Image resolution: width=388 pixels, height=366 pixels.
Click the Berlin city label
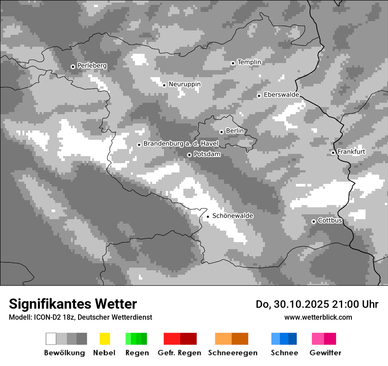(x=235, y=131)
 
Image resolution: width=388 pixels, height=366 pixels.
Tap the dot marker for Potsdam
(x=189, y=155)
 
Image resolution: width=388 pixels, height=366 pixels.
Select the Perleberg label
(x=92, y=66)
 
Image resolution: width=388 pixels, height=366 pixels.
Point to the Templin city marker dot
(x=233, y=63)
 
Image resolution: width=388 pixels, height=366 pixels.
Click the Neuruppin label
(x=184, y=84)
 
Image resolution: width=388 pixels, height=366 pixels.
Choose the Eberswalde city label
(x=281, y=95)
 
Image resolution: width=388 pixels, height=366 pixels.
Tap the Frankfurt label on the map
(x=351, y=152)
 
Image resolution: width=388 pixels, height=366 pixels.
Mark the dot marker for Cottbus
(x=313, y=221)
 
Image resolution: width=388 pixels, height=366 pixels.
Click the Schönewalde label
(x=232, y=216)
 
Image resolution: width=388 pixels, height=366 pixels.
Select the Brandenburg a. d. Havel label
(x=181, y=144)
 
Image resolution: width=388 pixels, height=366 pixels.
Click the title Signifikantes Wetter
(x=73, y=304)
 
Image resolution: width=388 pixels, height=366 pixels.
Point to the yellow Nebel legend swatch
(x=104, y=339)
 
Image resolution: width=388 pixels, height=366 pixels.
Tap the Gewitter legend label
(x=325, y=353)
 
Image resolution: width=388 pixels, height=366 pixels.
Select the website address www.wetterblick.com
(x=318, y=317)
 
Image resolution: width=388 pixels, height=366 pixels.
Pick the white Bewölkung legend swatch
(x=51, y=339)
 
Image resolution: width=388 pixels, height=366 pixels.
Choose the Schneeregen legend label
(x=232, y=353)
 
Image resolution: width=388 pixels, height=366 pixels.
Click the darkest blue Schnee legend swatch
(x=292, y=339)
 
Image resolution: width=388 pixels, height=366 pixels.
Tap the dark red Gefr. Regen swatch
(x=188, y=339)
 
